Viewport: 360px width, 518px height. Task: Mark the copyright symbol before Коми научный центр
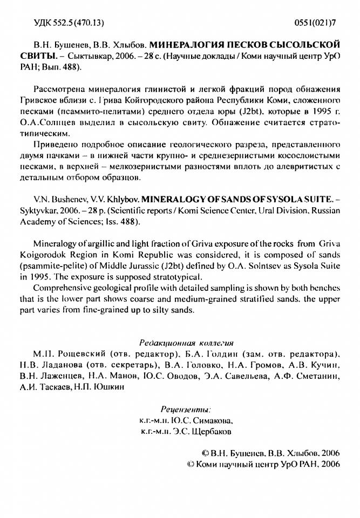[x=190, y=464]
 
